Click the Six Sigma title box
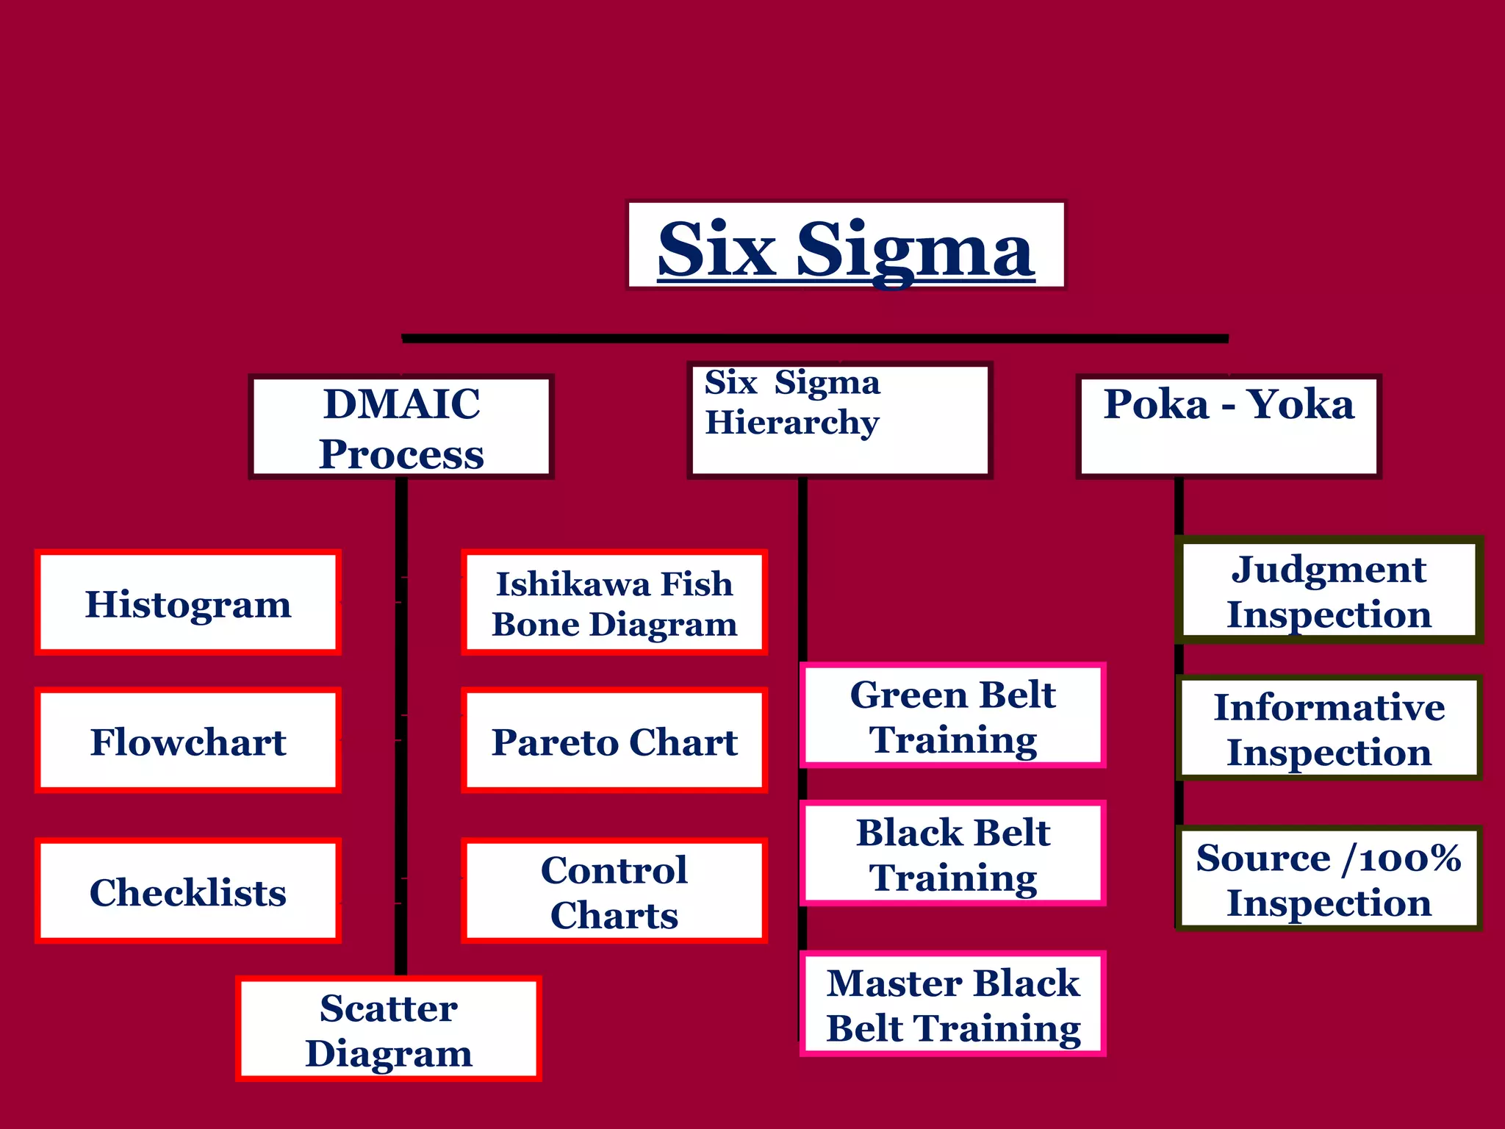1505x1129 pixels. [x=845, y=245]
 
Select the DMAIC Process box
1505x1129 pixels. [x=401, y=427]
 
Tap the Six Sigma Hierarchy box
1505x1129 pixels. [x=840, y=420]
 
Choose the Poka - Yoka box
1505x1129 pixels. [x=1229, y=426]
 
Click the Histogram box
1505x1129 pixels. [x=188, y=602]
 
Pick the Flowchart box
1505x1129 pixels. [x=188, y=740]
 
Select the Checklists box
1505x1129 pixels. [x=188, y=891]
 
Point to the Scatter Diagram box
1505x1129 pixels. [x=389, y=1028]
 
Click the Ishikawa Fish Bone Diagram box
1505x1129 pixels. [x=614, y=602]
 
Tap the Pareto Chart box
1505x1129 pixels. [x=614, y=740]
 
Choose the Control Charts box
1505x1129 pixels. [x=614, y=891]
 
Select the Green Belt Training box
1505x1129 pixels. [x=953, y=715]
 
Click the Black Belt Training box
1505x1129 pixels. [x=953, y=853]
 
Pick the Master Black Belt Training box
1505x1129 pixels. [x=953, y=1004]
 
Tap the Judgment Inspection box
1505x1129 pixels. [x=1329, y=590]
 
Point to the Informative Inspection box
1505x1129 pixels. [x=1329, y=728]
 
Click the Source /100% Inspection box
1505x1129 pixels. [x=1329, y=878]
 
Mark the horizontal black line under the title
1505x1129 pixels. [x=814, y=339]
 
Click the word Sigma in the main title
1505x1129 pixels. [x=915, y=250]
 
